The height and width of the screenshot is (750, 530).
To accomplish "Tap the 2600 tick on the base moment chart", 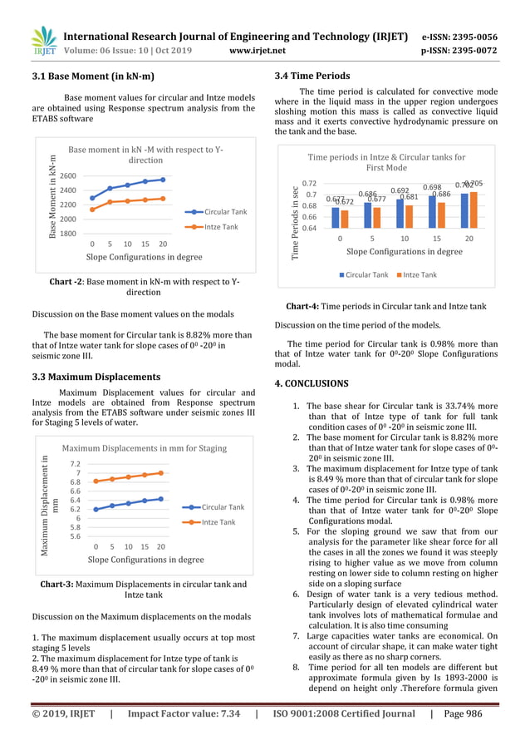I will point(68,176).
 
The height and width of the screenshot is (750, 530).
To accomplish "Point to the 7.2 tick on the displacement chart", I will point(75,464).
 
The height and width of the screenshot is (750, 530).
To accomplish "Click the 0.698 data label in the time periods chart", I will point(431,188).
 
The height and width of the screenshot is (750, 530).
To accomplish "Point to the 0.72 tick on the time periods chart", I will point(308,184).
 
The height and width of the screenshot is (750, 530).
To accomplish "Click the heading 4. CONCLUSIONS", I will point(312,383).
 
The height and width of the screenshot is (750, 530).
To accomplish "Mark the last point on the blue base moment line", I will point(163,180).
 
